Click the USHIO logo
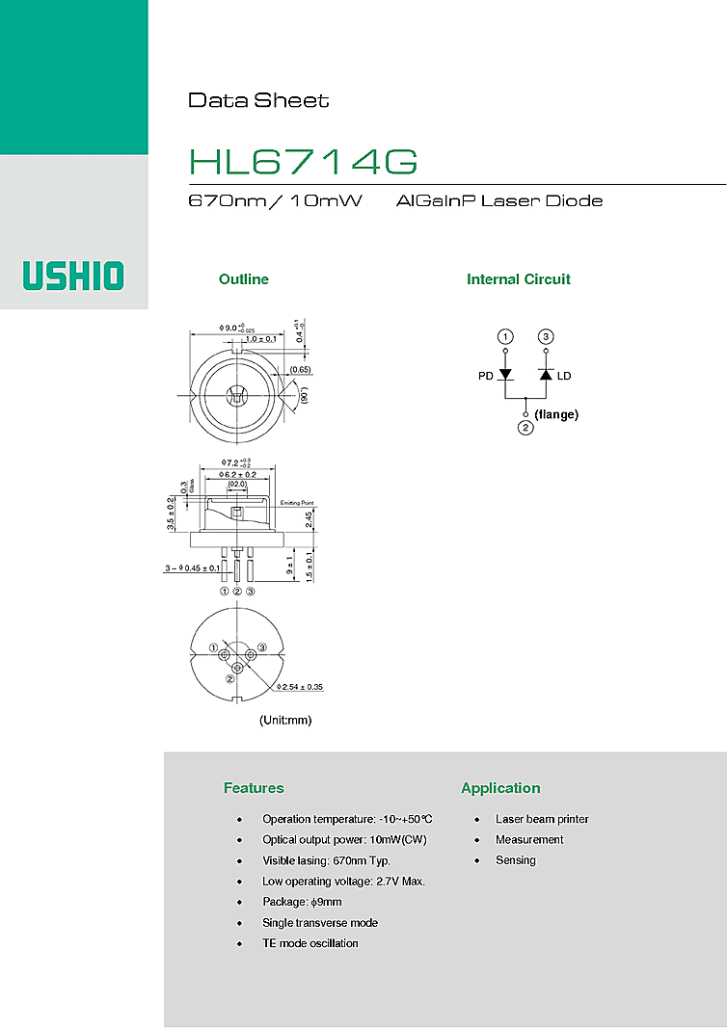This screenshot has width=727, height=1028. [x=74, y=275]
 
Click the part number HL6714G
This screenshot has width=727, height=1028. [x=303, y=162]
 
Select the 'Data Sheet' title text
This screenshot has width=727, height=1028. [x=258, y=100]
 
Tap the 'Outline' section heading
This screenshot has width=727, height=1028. [x=243, y=279]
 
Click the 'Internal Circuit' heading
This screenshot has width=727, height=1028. [x=518, y=279]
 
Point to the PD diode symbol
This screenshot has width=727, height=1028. [x=506, y=375]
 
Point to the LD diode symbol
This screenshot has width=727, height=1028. [x=546, y=375]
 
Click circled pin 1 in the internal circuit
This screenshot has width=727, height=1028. [x=506, y=336]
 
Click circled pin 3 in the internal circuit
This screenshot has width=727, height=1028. [x=546, y=336]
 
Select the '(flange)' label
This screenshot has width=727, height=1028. [x=556, y=414]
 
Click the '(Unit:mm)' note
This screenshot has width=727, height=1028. [x=285, y=720]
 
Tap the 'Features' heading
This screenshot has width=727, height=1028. [x=254, y=788]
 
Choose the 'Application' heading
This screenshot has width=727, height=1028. [x=500, y=788]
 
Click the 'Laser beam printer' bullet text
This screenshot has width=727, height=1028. [x=542, y=819]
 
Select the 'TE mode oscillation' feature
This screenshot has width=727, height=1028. [x=310, y=943]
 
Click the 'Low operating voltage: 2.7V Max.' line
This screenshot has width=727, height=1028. [x=343, y=882]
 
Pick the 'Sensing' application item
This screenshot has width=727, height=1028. [x=515, y=860]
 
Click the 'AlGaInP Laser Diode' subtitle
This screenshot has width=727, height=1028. [x=498, y=201]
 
